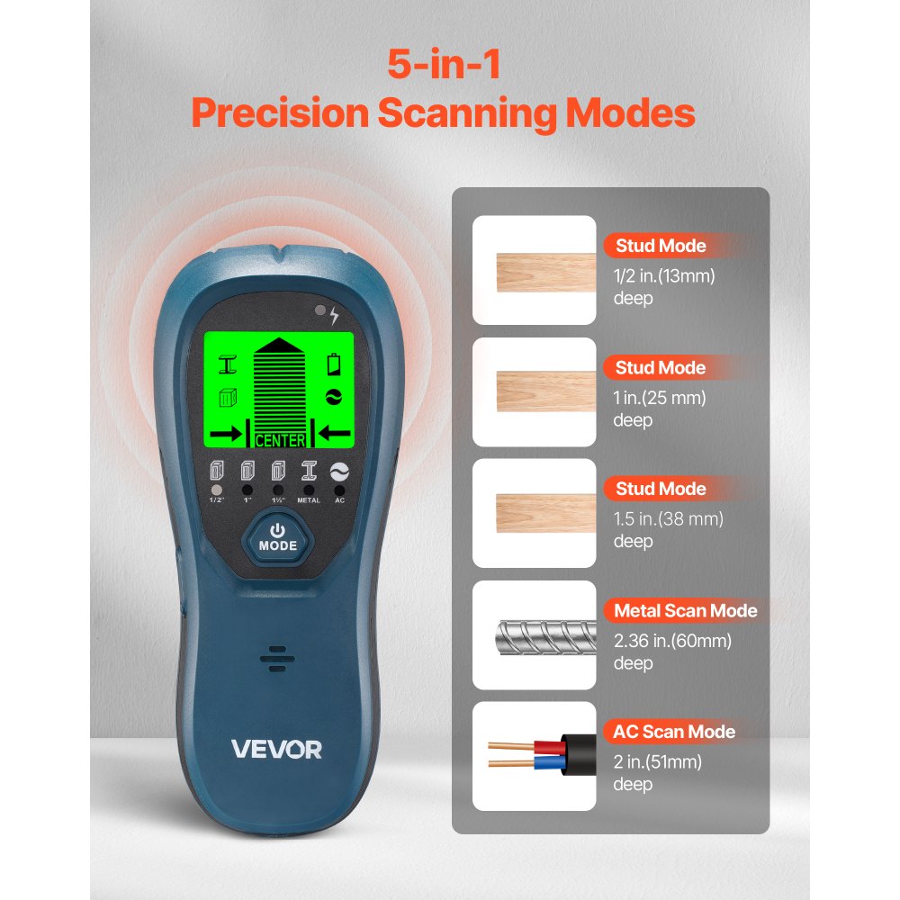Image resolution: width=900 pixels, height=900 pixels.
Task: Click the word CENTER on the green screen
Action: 280,440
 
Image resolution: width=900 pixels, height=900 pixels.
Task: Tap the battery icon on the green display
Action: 335,364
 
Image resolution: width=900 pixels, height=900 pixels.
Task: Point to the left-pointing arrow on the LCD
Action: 333,434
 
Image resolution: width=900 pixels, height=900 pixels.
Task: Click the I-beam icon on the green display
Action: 228,364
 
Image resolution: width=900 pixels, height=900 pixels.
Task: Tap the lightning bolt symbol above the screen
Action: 335,315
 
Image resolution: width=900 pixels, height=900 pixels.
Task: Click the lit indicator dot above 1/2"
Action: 215,490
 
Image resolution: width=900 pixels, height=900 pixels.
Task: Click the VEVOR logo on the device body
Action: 277,749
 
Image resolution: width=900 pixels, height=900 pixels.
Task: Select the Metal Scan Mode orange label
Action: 685,611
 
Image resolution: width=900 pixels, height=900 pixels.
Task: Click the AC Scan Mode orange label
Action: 674,732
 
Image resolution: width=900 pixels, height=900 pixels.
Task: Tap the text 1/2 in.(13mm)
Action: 664,276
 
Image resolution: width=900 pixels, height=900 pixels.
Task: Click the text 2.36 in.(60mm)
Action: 671,641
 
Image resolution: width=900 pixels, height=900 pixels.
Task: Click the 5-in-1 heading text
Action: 443,65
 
